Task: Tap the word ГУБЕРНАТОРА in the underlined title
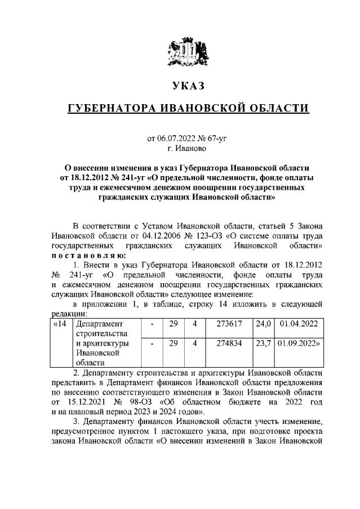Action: (110, 108)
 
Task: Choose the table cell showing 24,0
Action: (263, 324)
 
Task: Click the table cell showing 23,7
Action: (263, 343)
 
